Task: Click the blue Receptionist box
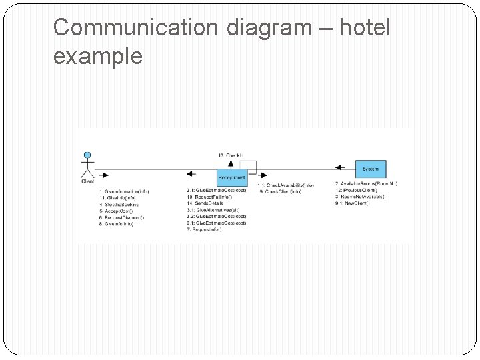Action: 232,177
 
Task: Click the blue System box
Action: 370,169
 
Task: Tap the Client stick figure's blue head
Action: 87,155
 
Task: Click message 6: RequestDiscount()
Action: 121,217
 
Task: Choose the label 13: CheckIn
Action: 231,155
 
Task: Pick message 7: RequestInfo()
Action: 207,230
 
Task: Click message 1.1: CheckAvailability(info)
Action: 285,185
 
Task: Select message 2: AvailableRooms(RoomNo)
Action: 366,184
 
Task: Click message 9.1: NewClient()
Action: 352,203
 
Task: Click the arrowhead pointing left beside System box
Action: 339,169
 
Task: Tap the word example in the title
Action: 97,57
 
